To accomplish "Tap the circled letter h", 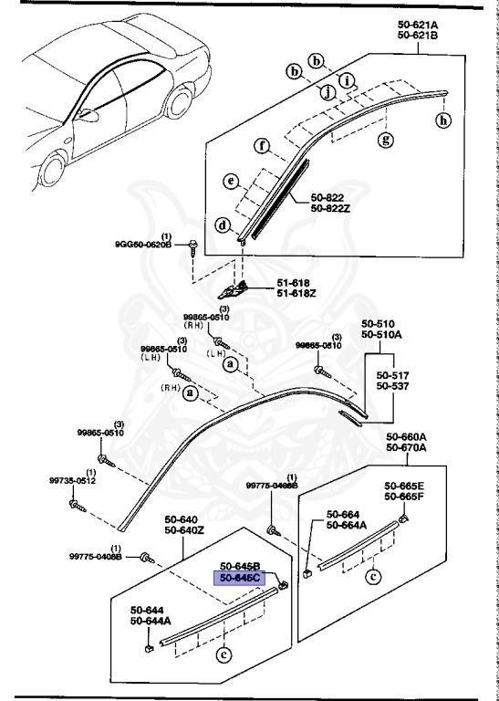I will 444,119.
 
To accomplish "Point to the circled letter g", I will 386,139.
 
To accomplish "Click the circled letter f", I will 261,145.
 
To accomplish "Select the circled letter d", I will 222,225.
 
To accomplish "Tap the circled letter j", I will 325,90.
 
